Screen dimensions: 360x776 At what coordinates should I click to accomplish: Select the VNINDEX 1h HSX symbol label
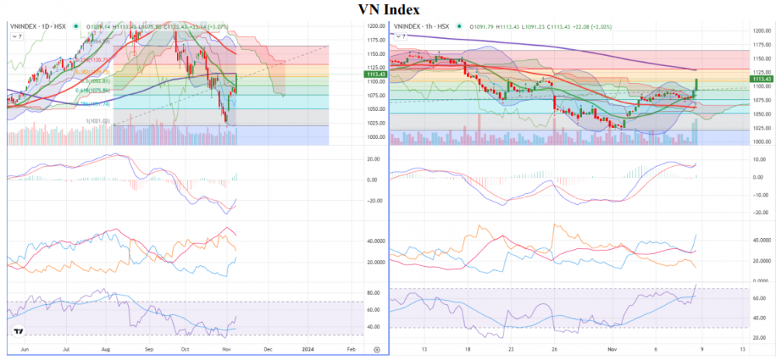[x=421, y=26]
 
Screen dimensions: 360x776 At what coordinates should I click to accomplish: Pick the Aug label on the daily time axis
[x=106, y=350]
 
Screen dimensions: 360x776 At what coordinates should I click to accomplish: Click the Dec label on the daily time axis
[x=268, y=350]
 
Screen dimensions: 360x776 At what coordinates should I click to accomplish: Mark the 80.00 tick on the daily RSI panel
[x=374, y=293]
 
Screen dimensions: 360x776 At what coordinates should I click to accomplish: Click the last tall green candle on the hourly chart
[x=695, y=85]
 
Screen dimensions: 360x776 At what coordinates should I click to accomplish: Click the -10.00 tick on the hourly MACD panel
[x=760, y=195]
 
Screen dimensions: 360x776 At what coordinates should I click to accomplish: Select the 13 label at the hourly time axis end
[x=743, y=350]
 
